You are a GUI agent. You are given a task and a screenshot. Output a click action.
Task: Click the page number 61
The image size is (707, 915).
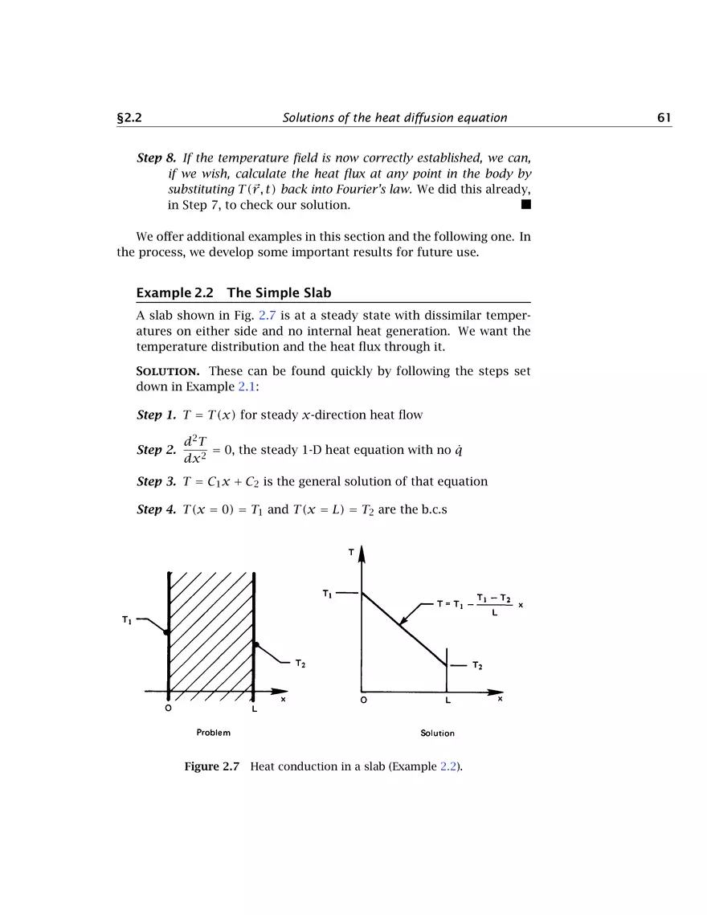(664, 118)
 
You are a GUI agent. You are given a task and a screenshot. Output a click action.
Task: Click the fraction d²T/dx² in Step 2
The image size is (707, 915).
(195, 450)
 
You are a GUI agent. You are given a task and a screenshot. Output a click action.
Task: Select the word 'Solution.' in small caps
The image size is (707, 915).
(165, 371)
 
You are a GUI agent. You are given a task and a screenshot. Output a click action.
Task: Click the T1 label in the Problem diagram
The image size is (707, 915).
(127, 619)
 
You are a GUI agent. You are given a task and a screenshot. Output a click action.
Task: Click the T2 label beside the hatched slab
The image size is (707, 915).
(300, 664)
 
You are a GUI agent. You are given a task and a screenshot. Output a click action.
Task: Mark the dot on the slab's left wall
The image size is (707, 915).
(166, 633)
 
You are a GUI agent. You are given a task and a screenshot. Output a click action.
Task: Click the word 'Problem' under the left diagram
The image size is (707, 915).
(213, 733)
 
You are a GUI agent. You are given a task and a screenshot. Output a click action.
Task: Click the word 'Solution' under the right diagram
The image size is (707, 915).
(437, 733)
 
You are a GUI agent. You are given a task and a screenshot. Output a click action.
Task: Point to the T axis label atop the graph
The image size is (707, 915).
(351, 553)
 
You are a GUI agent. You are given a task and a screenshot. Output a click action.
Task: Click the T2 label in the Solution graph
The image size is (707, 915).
(477, 666)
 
